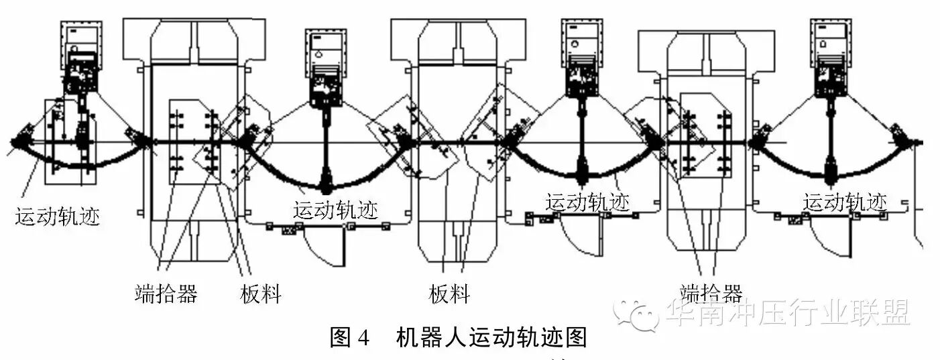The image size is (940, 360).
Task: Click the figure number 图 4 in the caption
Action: coord(349,337)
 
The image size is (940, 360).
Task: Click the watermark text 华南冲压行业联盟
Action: coord(788,312)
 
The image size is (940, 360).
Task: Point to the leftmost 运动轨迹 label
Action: coord(58,217)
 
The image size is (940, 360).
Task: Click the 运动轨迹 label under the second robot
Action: coord(335,210)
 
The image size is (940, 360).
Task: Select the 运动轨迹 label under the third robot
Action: coord(587,202)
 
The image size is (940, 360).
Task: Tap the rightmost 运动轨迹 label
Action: coord(845,202)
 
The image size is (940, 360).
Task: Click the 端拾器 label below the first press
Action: coord(166,294)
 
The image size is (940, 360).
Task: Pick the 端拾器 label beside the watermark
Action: coord(711,294)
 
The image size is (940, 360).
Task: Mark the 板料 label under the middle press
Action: coord(449,294)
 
